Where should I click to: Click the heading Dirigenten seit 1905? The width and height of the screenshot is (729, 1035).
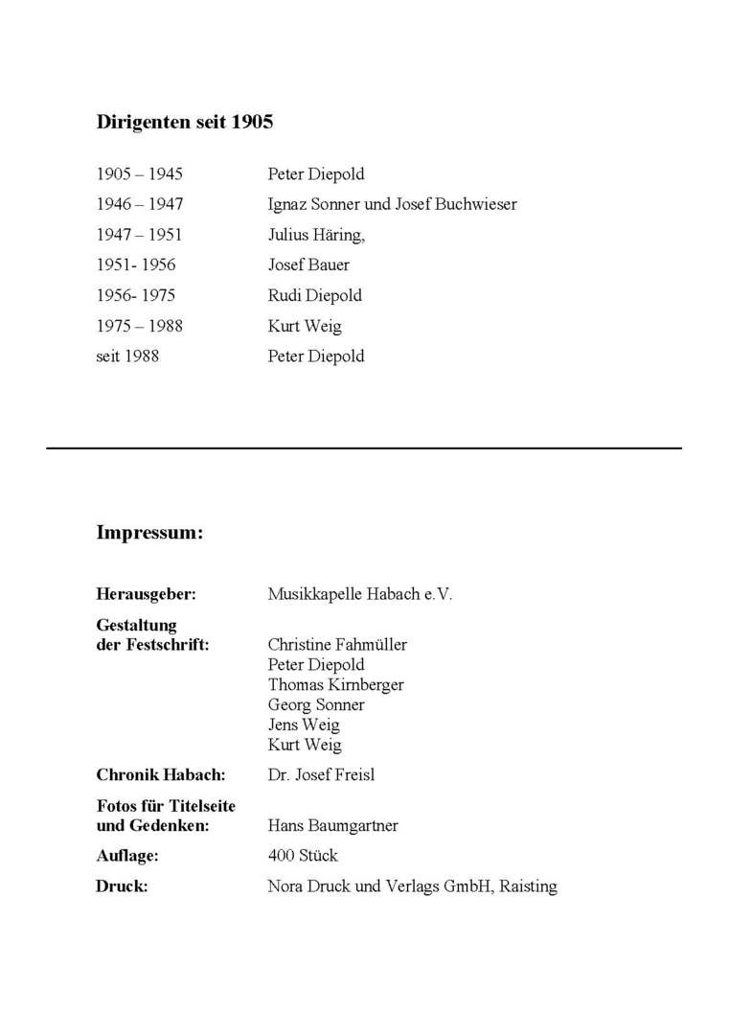185,123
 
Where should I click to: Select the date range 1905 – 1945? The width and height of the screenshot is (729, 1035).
139,174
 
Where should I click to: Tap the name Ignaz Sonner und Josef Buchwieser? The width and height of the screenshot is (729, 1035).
392,204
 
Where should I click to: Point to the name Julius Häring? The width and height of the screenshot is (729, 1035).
315,235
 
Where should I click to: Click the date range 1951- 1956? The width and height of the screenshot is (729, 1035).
136,265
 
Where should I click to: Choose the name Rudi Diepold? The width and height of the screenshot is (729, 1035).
314,295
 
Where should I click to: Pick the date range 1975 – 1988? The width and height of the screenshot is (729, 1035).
139,326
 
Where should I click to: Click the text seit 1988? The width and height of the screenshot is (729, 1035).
127,356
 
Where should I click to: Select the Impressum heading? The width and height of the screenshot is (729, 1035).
149,533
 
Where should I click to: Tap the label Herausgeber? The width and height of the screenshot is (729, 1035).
146,594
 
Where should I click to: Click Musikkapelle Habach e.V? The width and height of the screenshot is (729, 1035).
359,594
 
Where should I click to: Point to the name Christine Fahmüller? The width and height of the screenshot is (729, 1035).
337,645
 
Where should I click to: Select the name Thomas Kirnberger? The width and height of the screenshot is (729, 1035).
335,685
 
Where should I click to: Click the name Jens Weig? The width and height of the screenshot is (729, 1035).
304,725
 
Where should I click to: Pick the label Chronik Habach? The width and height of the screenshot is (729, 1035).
160,775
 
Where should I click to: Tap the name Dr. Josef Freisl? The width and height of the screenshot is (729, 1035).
321,775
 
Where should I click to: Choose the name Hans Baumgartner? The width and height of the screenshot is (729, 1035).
332,826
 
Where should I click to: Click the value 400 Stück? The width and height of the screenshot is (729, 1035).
303,856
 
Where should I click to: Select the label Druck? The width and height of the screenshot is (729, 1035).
122,886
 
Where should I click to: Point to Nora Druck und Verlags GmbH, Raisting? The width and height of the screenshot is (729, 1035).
412,886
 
